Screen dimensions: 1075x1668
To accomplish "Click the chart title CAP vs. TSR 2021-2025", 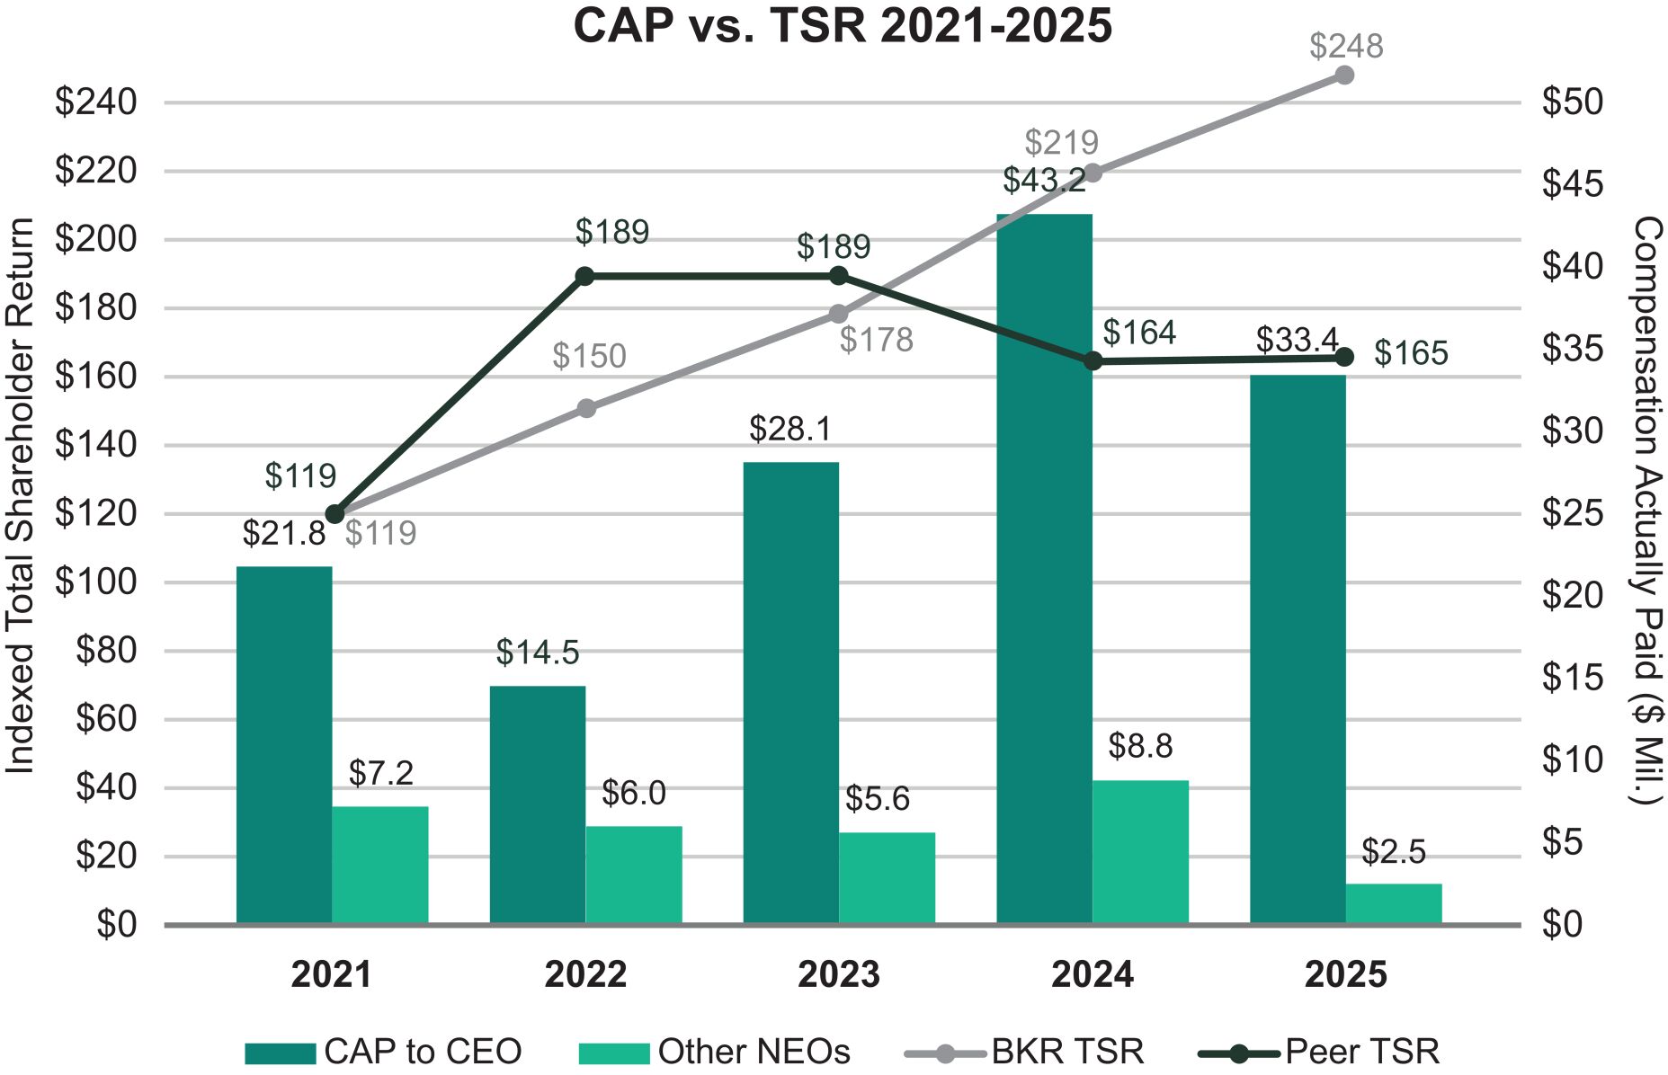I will coord(843,25).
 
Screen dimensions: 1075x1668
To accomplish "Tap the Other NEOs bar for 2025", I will coord(1393,903).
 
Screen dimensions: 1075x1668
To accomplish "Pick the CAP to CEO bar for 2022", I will coord(537,804).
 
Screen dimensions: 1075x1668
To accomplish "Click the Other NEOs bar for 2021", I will coord(379,865).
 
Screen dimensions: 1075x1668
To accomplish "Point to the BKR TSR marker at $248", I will coord(1344,76).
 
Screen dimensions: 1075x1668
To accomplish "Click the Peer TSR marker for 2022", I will coord(584,276).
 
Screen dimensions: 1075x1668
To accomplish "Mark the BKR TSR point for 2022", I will coord(586,408).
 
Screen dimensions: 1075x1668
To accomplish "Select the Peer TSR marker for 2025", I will coord(1344,358).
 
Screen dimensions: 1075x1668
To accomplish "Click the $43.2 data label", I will coord(1044,181).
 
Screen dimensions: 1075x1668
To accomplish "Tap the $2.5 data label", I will coord(1393,851).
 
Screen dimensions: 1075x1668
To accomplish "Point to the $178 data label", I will coord(876,340).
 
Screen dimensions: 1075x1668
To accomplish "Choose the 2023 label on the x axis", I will coord(838,974).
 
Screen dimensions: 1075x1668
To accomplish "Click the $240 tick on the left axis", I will coord(96,102).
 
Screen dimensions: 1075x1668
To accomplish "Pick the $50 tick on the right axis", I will coord(1573,102).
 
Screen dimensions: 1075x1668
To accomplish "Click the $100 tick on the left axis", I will coord(96,582).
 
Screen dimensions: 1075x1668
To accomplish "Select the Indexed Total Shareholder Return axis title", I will coord(20,495).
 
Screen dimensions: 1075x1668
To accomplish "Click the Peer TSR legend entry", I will coord(1319,1051).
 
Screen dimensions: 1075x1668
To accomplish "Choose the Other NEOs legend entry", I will coord(715,1051).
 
